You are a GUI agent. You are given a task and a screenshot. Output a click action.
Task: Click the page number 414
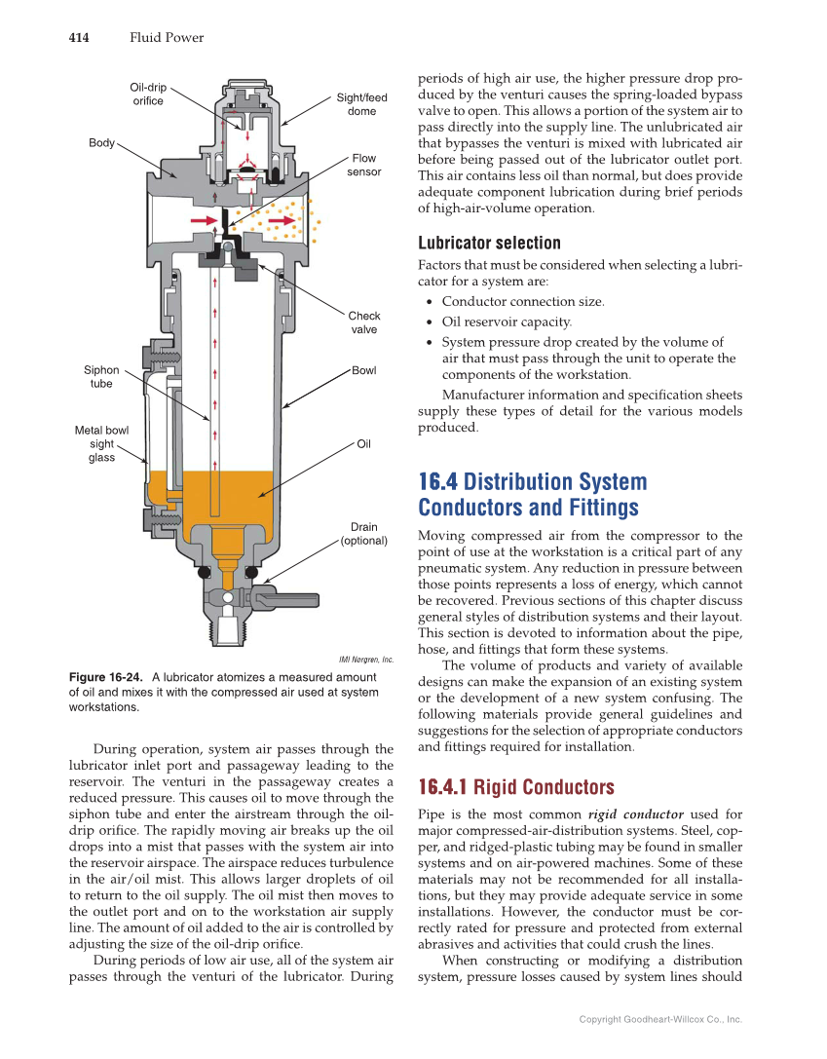(x=79, y=38)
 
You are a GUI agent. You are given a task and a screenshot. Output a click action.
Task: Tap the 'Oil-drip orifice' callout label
(x=148, y=94)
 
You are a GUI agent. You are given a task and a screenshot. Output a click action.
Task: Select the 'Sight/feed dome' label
(x=361, y=104)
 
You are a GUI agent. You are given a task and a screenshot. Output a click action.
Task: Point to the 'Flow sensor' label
(x=363, y=165)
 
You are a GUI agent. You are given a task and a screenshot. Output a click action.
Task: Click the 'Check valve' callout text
(x=364, y=322)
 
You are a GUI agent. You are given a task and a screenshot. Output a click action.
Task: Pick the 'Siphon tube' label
(x=101, y=377)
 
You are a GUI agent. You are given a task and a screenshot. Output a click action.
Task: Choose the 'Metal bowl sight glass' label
(x=101, y=444)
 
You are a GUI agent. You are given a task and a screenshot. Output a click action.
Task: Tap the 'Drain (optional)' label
(x=363, y=534)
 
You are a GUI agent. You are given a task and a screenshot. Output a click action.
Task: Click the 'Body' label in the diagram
(x=101, y=143)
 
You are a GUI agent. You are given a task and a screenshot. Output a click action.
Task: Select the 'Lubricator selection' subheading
(x=489, y=243)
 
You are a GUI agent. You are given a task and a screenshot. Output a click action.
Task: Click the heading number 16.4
(x=437, y=482)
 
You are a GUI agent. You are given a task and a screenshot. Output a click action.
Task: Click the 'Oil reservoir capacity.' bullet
(x=507, y=322)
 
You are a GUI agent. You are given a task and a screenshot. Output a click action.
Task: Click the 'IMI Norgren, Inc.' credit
(x=365, y=660)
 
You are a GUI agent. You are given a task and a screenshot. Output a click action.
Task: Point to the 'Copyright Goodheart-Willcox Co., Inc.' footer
(x=660, y=1019)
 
